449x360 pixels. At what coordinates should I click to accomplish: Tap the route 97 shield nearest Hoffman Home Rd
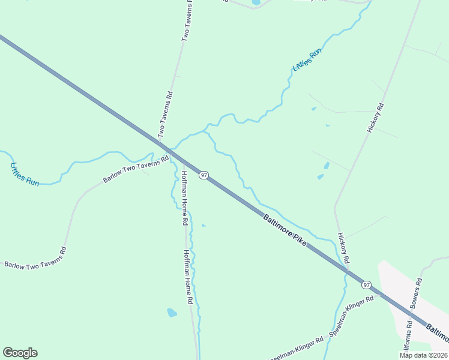pyautogui.click(x=205, y=175)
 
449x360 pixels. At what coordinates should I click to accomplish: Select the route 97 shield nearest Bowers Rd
pyautogui.click(x=366, y=284)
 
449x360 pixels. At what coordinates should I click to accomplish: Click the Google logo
pyautogui.click(x=20, y=353)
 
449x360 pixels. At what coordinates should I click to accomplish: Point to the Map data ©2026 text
pyautogui.click(x=424, y=355)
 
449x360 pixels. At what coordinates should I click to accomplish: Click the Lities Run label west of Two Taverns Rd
pyautogui.click(x=25, y=174)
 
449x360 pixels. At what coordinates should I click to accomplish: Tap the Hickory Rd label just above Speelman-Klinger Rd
pyautogui.click(x=343, y=248)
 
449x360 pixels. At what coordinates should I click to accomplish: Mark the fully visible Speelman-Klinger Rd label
pyautogui.click(x=351, y=315)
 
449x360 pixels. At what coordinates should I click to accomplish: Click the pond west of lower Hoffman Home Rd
pyautogui.click(x=172, y=313)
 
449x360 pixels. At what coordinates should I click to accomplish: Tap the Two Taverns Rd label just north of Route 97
pyautogui.click(x=165, y=114)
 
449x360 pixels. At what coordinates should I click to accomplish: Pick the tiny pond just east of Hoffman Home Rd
pyautogui.click(x=203, y=226)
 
